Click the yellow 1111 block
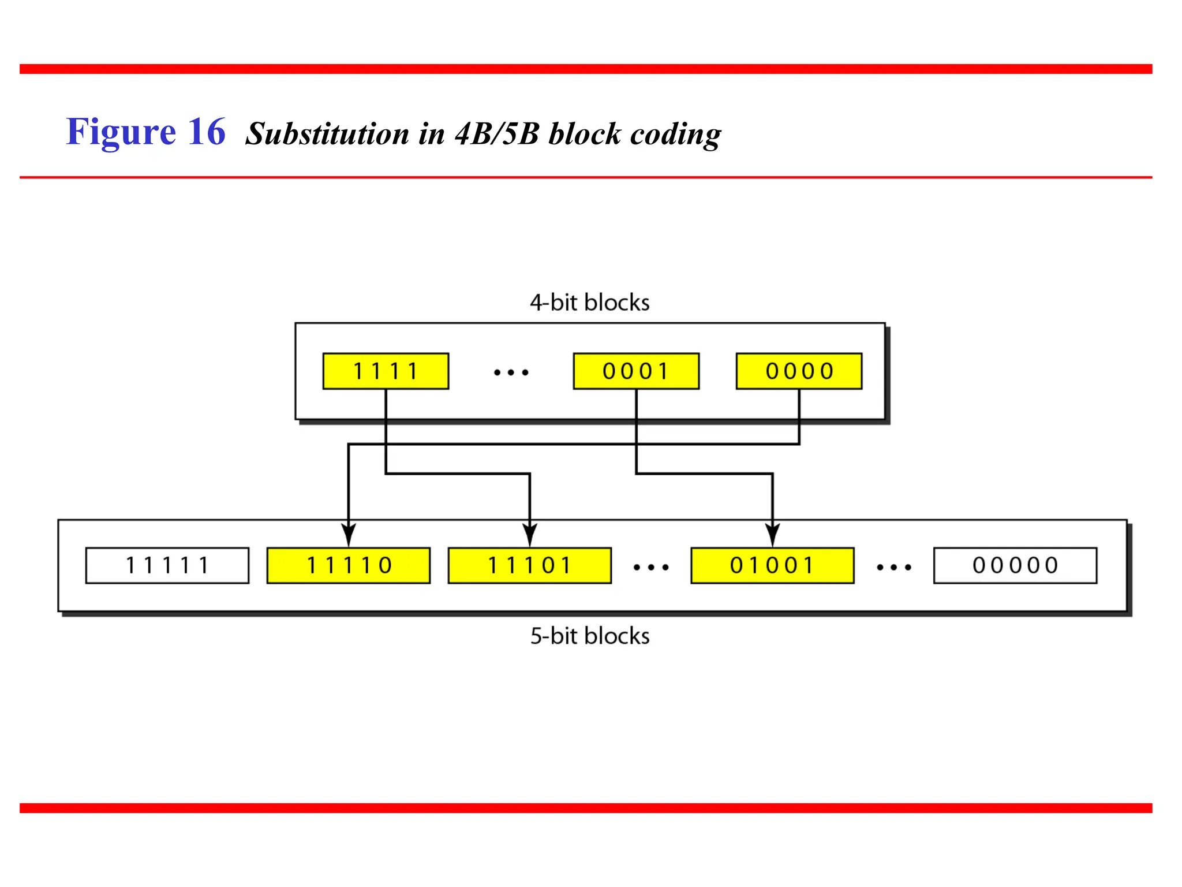[x=386, y=371]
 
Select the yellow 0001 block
[x=636, y=371]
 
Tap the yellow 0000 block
[x=799, y=371]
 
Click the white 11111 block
[x=167, y=565]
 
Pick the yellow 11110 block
[x=349, y=565]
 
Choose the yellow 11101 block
[x=529, y=565]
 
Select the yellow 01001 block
[x=772, y=565]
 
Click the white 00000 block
[x=1015, y=565]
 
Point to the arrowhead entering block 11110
[x=349, y=535]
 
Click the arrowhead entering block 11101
[x=530, y=535]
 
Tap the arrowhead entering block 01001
[x=773, y=535]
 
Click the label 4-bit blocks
[x=590, y=303]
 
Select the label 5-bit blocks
[x=590, y=636]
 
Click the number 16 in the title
[x=206, y=132]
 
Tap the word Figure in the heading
[x=121, y=133]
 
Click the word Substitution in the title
[x=327, y=134]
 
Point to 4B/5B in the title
[x=497, y=134]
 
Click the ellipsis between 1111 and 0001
[x=511, y=372]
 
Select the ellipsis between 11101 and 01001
[x=651, y=568]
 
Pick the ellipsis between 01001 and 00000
[x=894, y=568]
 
